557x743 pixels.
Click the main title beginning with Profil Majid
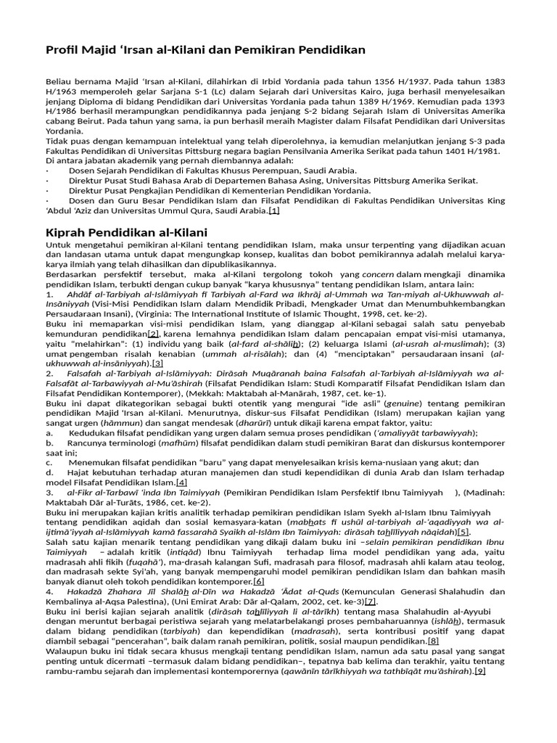point(205,49)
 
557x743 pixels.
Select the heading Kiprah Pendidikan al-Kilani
point(127,233)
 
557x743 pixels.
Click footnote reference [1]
point(273,210)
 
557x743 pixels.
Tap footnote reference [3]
point(157,363)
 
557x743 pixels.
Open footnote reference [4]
point(181,482)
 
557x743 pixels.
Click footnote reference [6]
point(259,581)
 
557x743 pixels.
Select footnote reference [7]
point(371,602)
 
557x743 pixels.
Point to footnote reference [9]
point(479,671)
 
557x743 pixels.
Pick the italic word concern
point(378,274)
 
